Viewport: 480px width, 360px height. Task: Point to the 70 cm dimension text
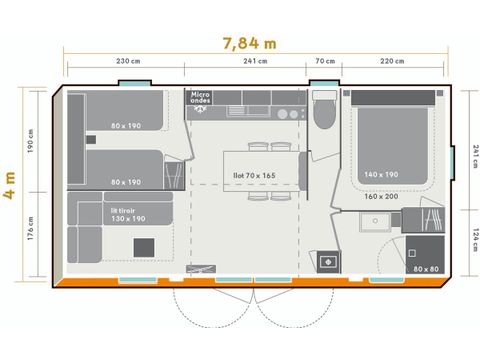coord(325,61)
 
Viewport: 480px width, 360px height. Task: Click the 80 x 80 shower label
coord(425,268)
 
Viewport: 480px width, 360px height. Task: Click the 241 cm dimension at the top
coord(255,61)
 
